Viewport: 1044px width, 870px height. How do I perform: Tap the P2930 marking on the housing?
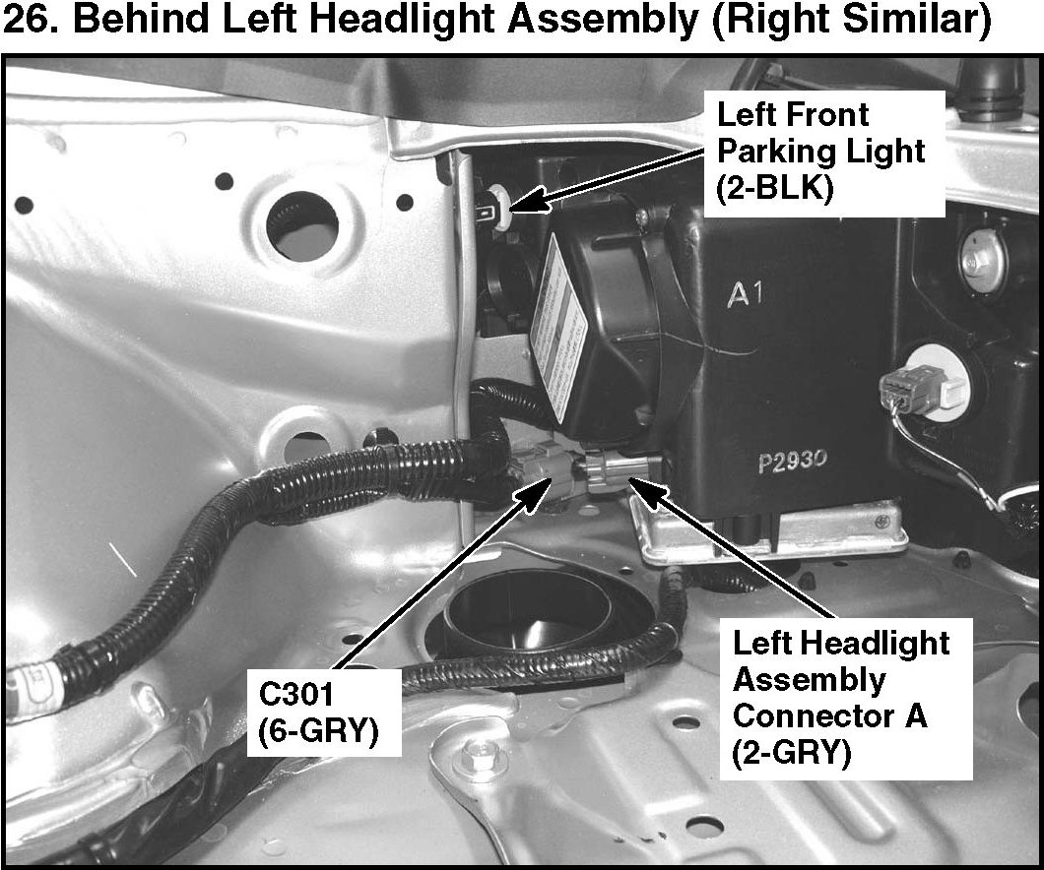point(794,460)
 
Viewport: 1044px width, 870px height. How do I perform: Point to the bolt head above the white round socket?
point(980,262)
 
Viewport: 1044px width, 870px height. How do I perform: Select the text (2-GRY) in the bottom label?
point(791,753)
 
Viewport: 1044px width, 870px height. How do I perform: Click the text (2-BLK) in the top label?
point(775,187)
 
